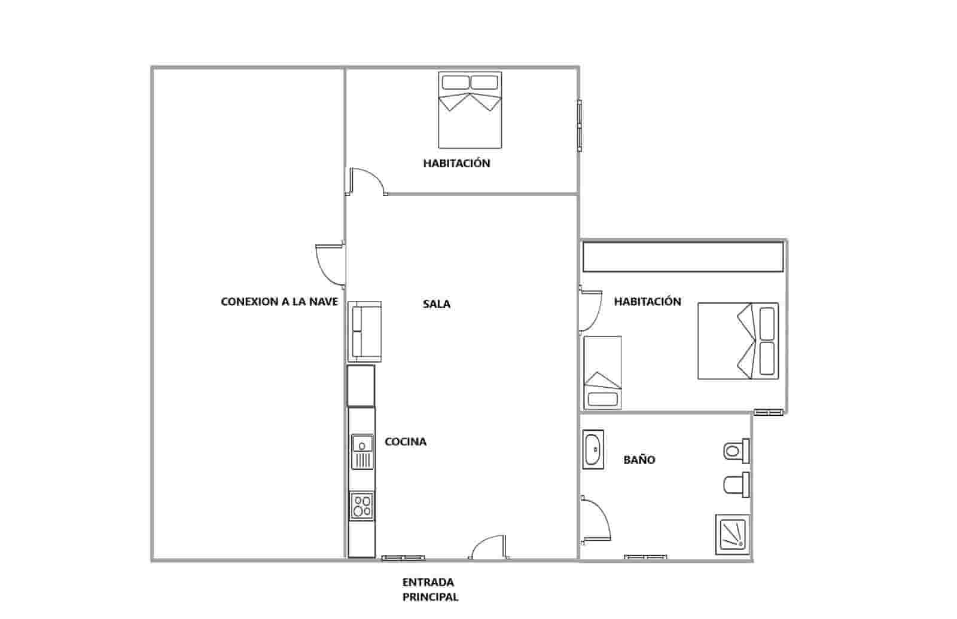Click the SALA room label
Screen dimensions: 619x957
(437, 304)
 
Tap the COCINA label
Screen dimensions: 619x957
(406, 442)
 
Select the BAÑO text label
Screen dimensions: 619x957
(639, 460)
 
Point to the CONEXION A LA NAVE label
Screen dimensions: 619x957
(279, 302)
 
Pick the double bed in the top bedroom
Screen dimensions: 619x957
(470, 110)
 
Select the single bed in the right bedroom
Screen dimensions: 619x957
(602, 373)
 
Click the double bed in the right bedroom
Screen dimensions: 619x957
(738, 341)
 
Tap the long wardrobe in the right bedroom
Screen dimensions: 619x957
(683, 257)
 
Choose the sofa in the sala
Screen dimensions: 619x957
(365, 332)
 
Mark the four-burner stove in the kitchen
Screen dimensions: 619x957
(362, 505)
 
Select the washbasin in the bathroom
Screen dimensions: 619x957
(593, 450)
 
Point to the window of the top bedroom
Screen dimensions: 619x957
(579, 125)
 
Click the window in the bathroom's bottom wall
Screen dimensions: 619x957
(646, 558)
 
